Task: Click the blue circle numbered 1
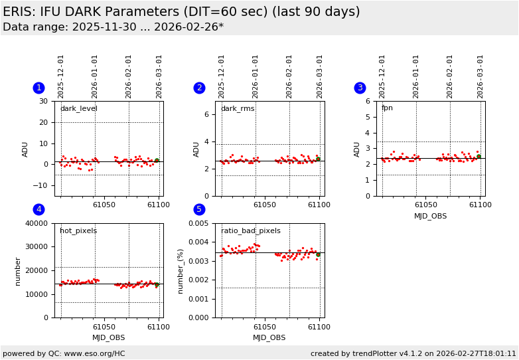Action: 39,88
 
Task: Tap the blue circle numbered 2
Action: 199,88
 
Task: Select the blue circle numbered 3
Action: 360,88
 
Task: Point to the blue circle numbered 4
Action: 39,210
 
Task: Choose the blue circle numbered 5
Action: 199,210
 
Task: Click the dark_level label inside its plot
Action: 78,109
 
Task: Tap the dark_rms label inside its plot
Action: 237,109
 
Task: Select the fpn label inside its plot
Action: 387,108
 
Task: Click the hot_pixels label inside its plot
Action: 78,231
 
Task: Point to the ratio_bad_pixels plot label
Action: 250,231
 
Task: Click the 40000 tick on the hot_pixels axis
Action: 37,223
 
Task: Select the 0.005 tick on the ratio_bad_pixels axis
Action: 197,223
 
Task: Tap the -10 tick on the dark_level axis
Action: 43,185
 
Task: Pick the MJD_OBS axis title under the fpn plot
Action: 430,216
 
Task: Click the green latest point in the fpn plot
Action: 479,156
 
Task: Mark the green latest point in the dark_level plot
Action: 157,161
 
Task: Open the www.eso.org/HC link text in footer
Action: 92,354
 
